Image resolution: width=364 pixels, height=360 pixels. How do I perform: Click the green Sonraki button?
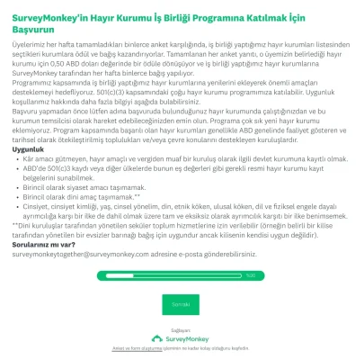(x=182, y=305)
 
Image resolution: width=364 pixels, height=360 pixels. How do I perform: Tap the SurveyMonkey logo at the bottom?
(x=182, y=338)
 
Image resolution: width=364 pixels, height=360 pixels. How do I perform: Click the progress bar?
(x=126, y=274)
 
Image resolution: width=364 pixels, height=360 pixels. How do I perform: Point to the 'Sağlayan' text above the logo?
(x=182, y=329)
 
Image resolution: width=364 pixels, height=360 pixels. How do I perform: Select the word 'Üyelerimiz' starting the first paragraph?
(x=28, y=52)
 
